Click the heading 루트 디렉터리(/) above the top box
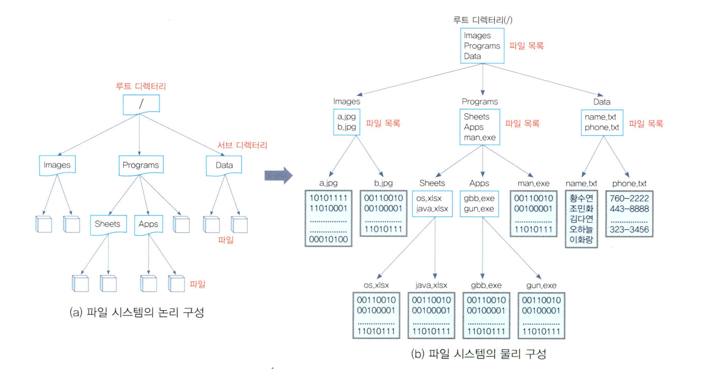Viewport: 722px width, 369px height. coord(482,20)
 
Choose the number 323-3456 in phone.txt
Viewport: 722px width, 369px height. coord(629,230)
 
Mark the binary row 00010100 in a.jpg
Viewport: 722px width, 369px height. coord(328,240)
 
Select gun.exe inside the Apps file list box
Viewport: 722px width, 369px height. coord(478,209)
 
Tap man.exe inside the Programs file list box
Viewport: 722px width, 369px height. coord(479,138)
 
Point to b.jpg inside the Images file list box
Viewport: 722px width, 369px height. coord(347,127)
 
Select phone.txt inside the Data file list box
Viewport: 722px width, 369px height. coord(602,127)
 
